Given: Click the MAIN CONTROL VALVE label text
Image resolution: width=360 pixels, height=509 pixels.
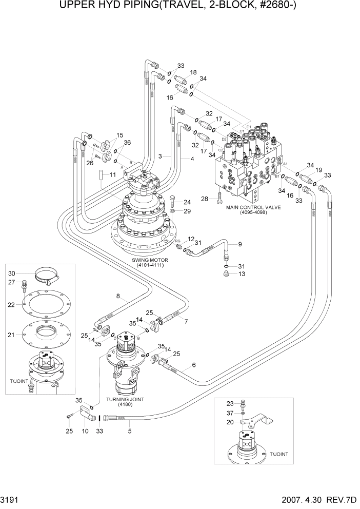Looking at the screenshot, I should [x=253, y=207].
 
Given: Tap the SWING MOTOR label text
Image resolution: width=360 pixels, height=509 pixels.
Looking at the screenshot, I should [x=153, y=260].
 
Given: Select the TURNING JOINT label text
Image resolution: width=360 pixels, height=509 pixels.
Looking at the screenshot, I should [x=125, y=399].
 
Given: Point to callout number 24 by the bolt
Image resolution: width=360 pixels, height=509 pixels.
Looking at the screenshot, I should [x=187, y=202].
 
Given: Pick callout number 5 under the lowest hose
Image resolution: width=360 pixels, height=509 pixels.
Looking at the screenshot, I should [x=129, y=431].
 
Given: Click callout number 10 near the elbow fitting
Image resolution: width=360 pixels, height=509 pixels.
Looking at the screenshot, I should [x=85, y=431].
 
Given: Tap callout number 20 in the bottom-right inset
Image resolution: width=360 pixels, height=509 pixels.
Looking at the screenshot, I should [x=229, y=422].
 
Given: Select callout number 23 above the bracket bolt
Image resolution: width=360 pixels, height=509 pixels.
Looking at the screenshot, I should [x=229, y=403].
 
